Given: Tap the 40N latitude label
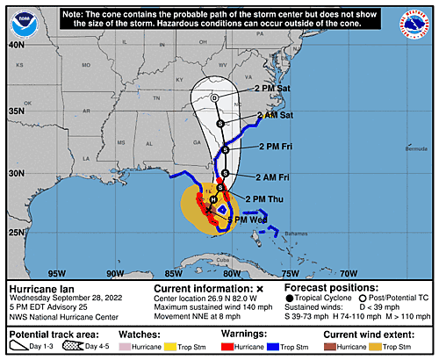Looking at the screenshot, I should (15, 43).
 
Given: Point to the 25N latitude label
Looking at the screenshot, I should (15, 232).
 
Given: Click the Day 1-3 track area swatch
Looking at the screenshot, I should (18, 348).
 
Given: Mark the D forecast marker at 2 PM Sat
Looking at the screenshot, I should (214, 97).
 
